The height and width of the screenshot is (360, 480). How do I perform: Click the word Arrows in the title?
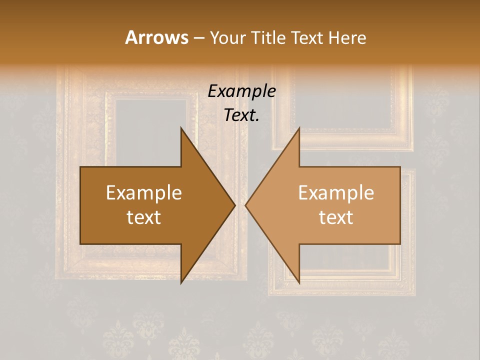click(x=157, y=37)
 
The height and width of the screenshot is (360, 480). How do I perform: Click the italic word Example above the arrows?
click(x=241, y=91)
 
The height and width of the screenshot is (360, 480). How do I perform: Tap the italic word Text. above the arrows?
click(x=241, y=115)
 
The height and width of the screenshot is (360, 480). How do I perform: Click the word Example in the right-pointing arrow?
click(x=144, y=193)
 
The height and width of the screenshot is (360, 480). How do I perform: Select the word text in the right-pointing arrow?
click(x=144, y=217)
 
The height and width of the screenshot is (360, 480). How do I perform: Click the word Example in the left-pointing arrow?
click(x=336, y=193)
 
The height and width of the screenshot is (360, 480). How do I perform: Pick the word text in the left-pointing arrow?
click(x=336, y=217)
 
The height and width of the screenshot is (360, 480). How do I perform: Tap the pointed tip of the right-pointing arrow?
click(x=234, y=205)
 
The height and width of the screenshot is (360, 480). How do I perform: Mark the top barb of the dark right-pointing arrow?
click(x=182, y=131)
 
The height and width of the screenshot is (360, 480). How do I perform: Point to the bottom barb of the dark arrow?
click(x=182, y=280)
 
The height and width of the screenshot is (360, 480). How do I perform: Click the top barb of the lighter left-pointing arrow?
click(x=298, y=131)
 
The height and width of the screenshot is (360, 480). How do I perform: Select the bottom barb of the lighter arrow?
click(x=298, y=280)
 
